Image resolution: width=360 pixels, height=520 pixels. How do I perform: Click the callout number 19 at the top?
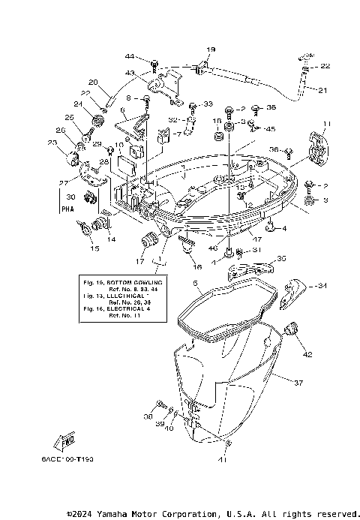(x=209, y=50)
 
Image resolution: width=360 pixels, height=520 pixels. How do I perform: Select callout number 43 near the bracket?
(x=129, y=73)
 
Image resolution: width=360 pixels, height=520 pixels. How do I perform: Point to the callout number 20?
(x=93, y=83)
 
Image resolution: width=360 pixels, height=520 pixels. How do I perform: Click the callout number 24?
(x=77, y=104)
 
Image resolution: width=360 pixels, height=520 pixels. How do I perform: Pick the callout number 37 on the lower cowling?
(x=298, y=383)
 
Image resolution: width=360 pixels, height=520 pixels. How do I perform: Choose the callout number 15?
(x=94, y=248)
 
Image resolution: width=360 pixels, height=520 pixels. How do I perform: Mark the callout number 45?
(x=271, y=129)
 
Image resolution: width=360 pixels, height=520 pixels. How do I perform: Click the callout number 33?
(x=208, y=104)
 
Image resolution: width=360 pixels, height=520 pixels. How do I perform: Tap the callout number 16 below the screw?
(x=197, y=266)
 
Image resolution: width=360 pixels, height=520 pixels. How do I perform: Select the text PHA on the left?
(x=67, y=212)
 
